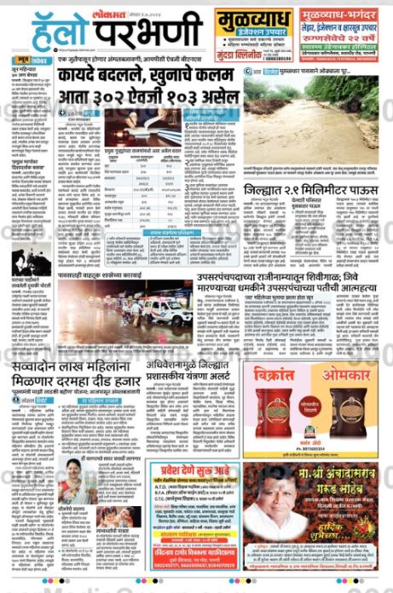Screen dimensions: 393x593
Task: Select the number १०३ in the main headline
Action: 198,95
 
